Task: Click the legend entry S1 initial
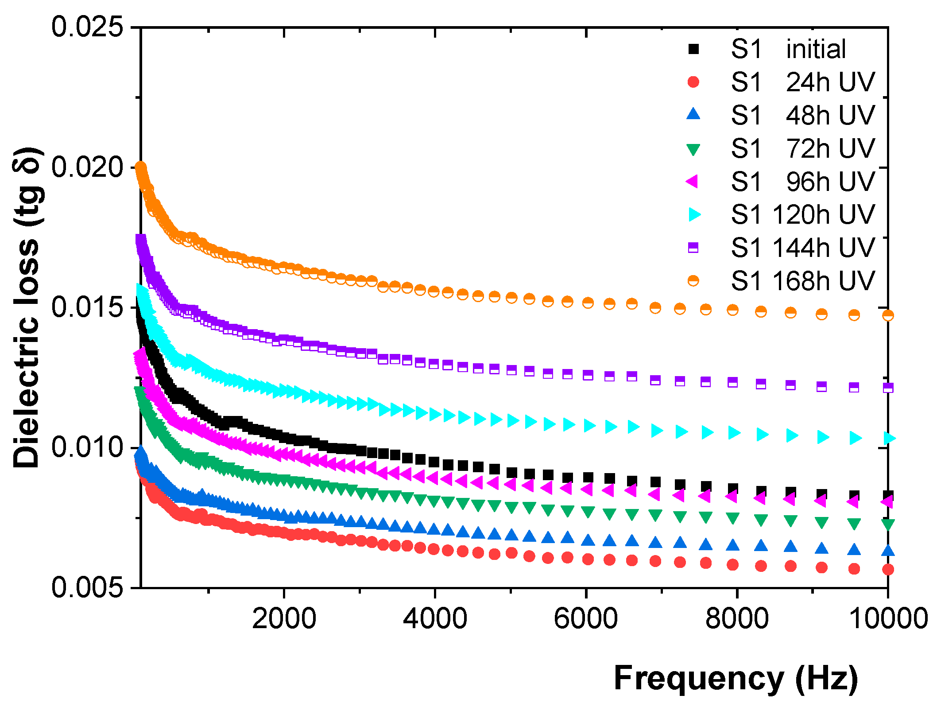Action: tap(788, 49)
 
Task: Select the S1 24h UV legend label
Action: tap(803, 82)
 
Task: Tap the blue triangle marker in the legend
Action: tap(693, 114)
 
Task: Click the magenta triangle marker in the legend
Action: tap(693, 181)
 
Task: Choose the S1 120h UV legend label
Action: tap(803, 214)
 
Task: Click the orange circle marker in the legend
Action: tap(693, 280)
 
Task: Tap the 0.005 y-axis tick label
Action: tap(87, 587)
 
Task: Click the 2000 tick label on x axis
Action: tap(284, 618)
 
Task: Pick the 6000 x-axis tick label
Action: tap(586, 618)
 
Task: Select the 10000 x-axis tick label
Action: tap(888, 618)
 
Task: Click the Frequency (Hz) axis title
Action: tap(736, 679)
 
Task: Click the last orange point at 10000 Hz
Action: tap(888, 315)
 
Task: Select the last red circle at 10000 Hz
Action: tap(888, 570)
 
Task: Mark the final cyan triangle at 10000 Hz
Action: tap(889, 438)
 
